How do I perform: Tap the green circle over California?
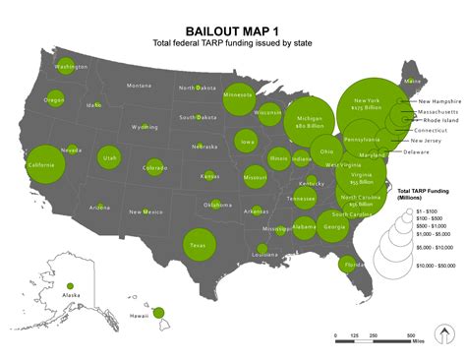(45, 164)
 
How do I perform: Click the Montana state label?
(139, 86)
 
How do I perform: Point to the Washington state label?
(71, 67)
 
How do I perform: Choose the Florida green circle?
(347, 265)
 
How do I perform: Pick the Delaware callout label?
(417, 151)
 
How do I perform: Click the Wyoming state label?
(146, 127)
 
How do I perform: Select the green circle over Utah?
(109, 157)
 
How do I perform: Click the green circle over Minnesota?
(238, 96)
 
